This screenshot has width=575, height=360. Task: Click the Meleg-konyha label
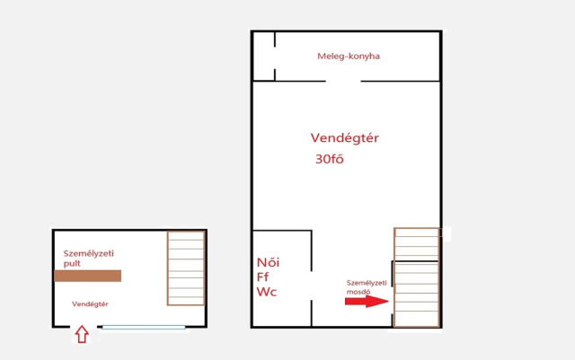pyautogui.click(x=349, y=56)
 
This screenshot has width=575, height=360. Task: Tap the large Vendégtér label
pyautogui.click(x=345, y=138)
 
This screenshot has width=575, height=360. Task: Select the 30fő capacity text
pyautogui.click(x=330, y=159)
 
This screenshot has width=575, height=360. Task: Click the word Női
pyautogui.click(x=268, y=262)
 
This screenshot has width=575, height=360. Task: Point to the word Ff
pyautogui.click(x=262, y=277)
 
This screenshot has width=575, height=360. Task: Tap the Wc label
pyautogui.click(x=267, y=292)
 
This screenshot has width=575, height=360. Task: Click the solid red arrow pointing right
pyautogui.click(x=367, y=302)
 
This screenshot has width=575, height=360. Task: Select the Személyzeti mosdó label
pyautogui.click(x=367, y=287)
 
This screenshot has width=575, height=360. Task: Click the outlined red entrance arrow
pyautogui.click(x=82, y=334)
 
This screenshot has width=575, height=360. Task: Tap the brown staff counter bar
pyautogui.click(x=88, y=276)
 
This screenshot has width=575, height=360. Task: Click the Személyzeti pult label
pyautogui.click(x=88, y=258)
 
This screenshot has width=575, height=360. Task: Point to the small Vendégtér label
pyautogui.click(x=90, y=304)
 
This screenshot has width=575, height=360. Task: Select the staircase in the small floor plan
pyautogui.click(x=186, y=268)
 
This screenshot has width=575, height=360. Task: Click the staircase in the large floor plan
pyautogui.click(x=417, y=277)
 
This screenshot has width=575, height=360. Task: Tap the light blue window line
pyautogui.click(x=144, y=328)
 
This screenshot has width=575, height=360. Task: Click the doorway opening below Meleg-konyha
pyautogui.click(x=343, y=81)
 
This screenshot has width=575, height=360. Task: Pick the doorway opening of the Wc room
pyautogui.click(x=312, y=286)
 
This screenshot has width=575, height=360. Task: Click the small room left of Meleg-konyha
pyautogui.click(x=263, y=56)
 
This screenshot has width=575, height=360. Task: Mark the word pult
pyautogui.click(x=72, y=264)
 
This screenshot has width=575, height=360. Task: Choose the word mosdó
pyautogui.click(x=358, y=292)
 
